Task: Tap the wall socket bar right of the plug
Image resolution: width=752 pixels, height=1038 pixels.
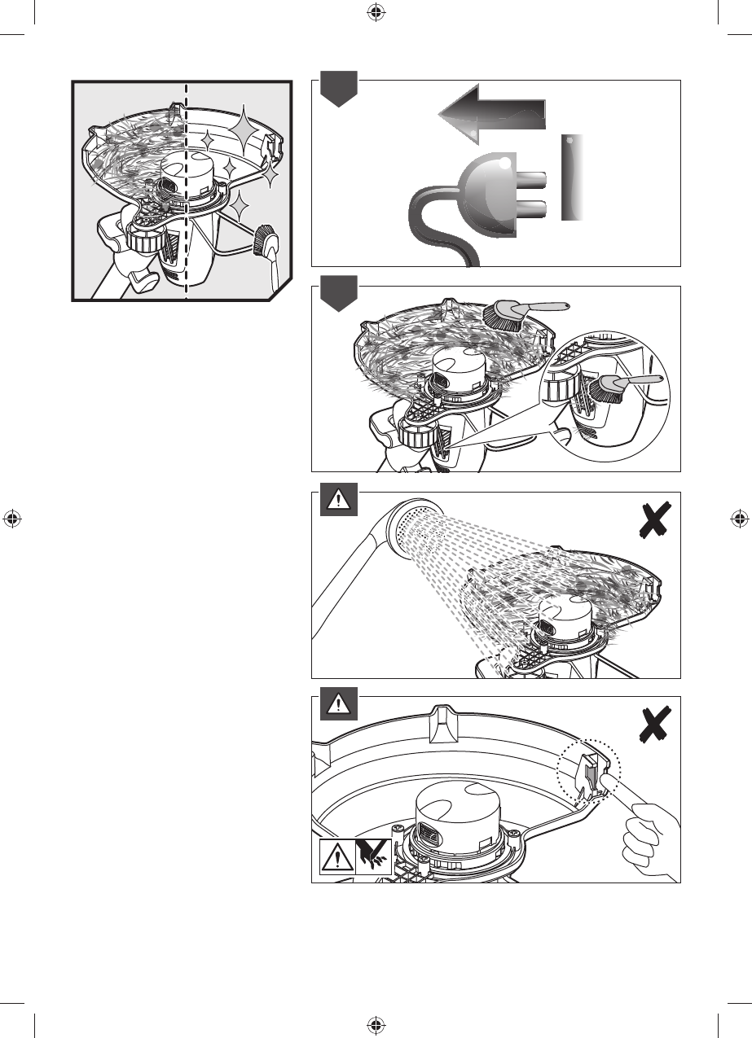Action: click(574, 177)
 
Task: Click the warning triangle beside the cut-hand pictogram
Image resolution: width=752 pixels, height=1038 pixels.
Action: click(336, 856)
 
